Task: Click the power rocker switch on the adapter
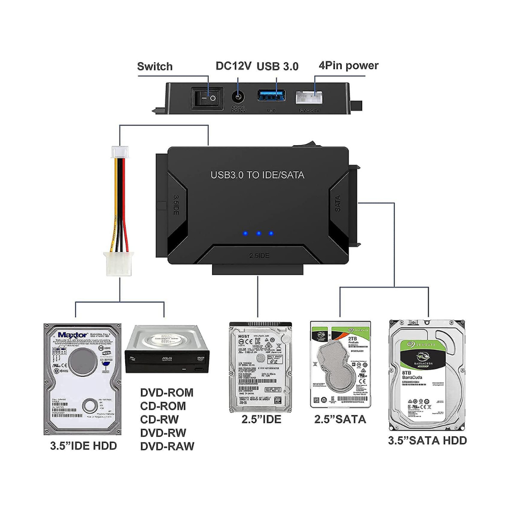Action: click(206, 99)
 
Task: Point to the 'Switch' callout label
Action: click(155, 66)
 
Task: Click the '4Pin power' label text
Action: click(348, 65)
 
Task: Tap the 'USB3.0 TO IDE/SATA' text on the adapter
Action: click(258, 175)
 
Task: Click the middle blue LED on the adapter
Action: click(258, 234)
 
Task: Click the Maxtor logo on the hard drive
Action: click(73, 334)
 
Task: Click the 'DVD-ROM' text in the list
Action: click(167, 393)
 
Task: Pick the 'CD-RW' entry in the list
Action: click(160, 419)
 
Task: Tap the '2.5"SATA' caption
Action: click(340, 419)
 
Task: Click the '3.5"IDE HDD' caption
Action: click(84, 446)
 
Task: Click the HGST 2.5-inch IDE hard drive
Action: click(260, 365)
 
